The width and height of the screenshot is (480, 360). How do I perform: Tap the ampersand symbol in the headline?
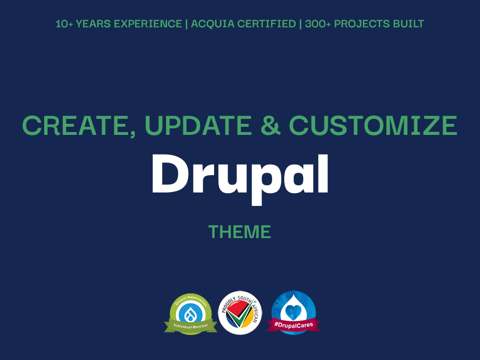270,126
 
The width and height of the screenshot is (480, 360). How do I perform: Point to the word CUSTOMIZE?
373,126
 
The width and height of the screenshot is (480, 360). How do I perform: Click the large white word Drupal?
240,176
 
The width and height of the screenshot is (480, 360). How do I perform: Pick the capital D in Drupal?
169,173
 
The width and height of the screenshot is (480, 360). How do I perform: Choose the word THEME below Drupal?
240,232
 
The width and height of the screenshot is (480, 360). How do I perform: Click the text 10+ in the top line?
64,24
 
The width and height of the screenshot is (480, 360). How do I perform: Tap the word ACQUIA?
212,24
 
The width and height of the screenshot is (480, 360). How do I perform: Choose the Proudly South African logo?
240,312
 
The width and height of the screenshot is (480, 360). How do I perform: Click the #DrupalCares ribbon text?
294,324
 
